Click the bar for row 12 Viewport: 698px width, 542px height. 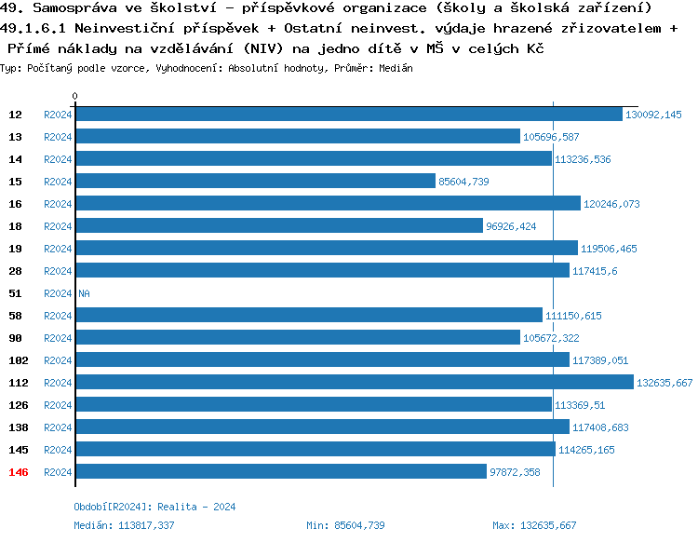348,115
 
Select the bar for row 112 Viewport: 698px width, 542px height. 355,383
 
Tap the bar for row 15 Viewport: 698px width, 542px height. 255,182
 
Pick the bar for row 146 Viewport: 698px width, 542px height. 281,472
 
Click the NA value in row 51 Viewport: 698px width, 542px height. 84,293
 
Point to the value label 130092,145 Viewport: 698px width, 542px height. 653,115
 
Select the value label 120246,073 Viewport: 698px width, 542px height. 611,204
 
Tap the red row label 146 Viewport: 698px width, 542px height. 19,472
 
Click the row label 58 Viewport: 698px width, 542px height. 16,316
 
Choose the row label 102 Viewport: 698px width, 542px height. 19,360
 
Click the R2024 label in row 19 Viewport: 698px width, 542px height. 58,249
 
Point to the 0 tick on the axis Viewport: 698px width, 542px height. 75,96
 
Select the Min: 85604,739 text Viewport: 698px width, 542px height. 345,525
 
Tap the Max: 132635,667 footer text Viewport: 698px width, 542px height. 534,525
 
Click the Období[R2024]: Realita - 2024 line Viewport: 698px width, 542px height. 154,507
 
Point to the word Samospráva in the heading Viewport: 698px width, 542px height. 70,8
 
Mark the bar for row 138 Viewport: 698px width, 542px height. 322,427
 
